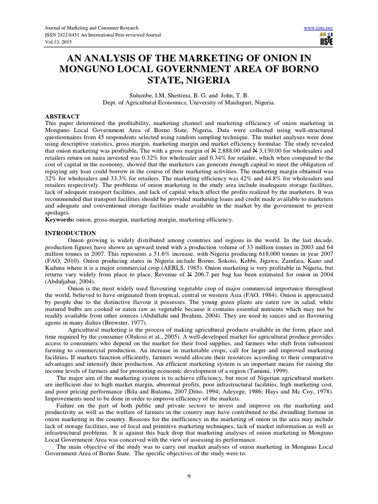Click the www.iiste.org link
coord(319,28)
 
